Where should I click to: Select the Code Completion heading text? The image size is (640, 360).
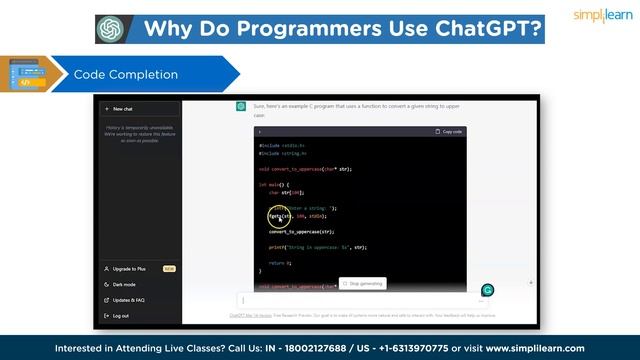coord(126,75)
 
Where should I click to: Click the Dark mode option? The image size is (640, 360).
coord(125,284)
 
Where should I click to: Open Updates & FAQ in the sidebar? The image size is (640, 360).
coord(128,300)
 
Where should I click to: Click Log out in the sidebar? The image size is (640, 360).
coord(121,316)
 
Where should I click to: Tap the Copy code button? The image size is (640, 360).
coord(449,132)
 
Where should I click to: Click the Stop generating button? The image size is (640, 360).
coord(363,284)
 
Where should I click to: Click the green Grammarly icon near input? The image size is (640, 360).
coord(488,290)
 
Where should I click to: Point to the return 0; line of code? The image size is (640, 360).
coord(280,262)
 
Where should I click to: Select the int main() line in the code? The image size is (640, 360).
coord(273,184)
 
